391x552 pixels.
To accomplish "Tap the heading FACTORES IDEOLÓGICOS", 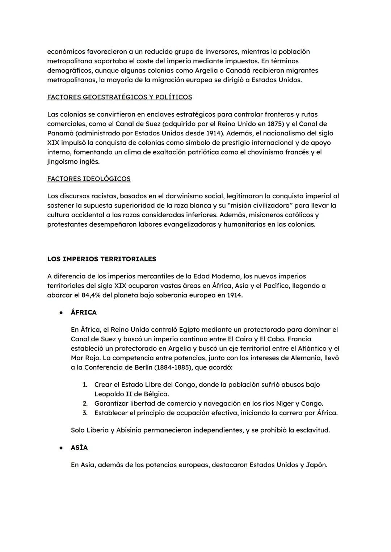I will pyautogui.click(x=89, y=179).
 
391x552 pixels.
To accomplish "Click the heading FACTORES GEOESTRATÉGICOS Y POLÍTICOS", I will pyautogui.click(x=119, y=97).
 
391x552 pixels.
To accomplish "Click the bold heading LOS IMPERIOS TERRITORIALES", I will pyautogui.click(x=102, y=259).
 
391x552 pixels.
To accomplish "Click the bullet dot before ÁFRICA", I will pyautogui.click(x=62, y=313).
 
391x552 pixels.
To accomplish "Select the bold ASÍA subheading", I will pyautogui.click(x=79, y=448).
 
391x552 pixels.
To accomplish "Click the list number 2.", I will pyautogui.click(x=85, y=404).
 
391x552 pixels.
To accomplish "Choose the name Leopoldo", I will pyautogui.click(x=109, y=394).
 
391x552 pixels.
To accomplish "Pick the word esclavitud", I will pyautogui.click(x=312, y=430).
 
